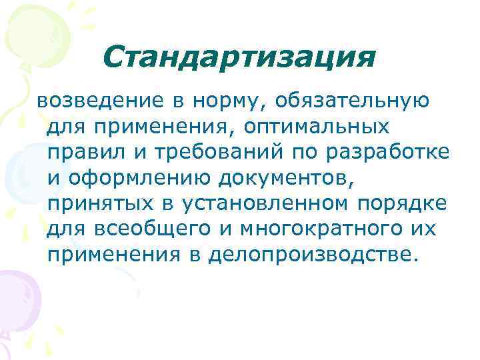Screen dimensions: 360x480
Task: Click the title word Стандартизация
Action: tap(239, 59)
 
